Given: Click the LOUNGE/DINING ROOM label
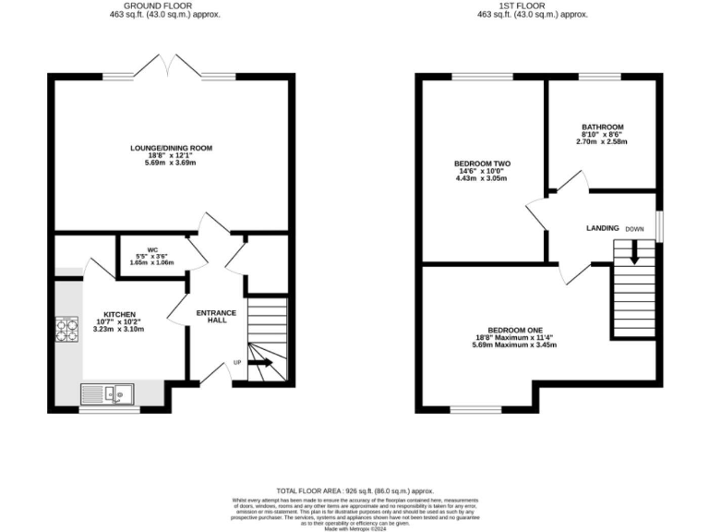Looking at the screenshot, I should click(x=171, y=148).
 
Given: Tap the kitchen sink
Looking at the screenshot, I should click(x=107, y=393).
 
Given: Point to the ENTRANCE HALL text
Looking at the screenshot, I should click(x=216, y=317).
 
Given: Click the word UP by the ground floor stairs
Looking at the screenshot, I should click(x=237, y=362).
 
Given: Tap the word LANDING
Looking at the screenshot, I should click(x=601, y=228).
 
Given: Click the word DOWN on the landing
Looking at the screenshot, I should click(x=634, y=228).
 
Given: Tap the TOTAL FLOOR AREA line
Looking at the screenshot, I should click(x=354, y=490).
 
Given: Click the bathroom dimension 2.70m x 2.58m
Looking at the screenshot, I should click(x=602, y=142).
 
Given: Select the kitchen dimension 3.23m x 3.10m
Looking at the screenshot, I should click(x=117, y=329).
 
